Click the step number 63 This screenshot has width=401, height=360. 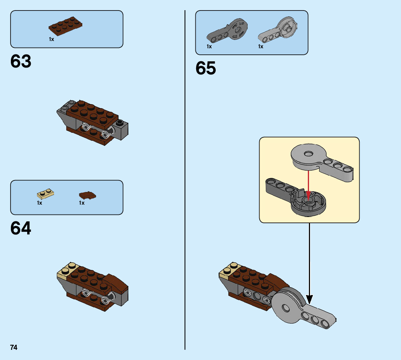pos(21,62)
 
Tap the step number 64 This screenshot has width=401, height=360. pos(21,228)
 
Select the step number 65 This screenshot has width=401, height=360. pos(206,68)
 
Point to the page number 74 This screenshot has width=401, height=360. pos(14,348)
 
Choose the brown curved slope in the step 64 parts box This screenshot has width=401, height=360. pos(87,196)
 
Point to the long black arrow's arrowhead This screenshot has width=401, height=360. pos(309,299)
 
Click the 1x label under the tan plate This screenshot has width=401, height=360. pos(40,203)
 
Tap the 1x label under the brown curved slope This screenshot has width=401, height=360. pos(82,203)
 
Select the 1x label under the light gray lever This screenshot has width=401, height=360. pos(261,46)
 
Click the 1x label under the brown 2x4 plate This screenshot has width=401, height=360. pos(51,39)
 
